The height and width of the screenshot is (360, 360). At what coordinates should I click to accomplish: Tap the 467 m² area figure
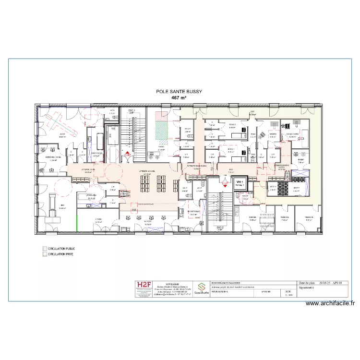click(x=179, y=97)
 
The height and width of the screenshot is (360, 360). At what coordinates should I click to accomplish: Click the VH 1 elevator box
click(x=239, y=182)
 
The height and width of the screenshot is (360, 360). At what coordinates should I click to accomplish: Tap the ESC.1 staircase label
click(x=131, y=111)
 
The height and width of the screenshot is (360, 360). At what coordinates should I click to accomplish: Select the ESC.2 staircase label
click(x=221, y=228)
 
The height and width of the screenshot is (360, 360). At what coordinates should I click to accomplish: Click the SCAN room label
click(x=62, y=135)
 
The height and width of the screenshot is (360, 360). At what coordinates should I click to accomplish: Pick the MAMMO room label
click(x=272, y=134)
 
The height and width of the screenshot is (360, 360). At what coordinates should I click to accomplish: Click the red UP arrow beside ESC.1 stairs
click(x=127, y=155)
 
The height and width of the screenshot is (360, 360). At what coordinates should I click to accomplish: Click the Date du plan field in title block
click(x=306, y=284)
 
